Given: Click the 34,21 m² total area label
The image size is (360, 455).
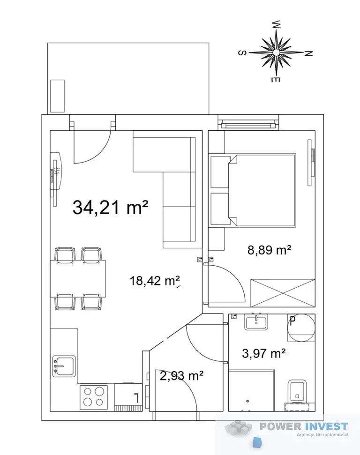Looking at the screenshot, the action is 110,207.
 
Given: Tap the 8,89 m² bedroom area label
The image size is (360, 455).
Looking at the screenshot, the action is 269,250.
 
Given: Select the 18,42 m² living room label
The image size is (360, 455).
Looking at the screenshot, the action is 154,281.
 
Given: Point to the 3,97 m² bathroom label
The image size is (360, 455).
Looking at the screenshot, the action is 263,353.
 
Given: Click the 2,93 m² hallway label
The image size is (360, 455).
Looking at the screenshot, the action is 181,376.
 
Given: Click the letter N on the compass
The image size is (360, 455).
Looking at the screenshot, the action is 308,53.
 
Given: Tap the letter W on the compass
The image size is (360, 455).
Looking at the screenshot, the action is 277,24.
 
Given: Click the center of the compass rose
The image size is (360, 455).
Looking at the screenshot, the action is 276,52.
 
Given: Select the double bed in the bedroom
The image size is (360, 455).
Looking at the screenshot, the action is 262,190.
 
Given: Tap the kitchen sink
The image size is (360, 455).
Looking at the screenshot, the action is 64,366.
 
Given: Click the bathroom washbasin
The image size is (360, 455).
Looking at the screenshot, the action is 256,322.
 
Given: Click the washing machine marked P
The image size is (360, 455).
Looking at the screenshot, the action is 301,328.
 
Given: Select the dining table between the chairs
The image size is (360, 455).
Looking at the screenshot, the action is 78,278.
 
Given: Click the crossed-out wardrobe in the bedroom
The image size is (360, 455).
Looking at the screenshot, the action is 283,293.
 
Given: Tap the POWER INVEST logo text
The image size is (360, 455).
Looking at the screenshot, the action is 304,426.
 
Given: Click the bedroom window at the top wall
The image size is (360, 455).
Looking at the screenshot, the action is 248,125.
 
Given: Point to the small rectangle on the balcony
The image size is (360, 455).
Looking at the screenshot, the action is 57,96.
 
